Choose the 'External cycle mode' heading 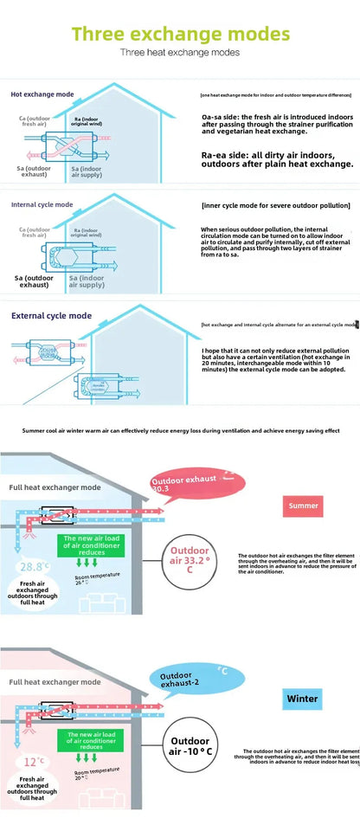tap(51, 316)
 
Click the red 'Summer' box tap(303, 506)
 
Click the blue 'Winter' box tap(302, 698)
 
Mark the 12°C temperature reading tap(34, 762)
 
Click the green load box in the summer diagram tap(93, 547)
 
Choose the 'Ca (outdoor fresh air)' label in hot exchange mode tap(34, 122)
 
